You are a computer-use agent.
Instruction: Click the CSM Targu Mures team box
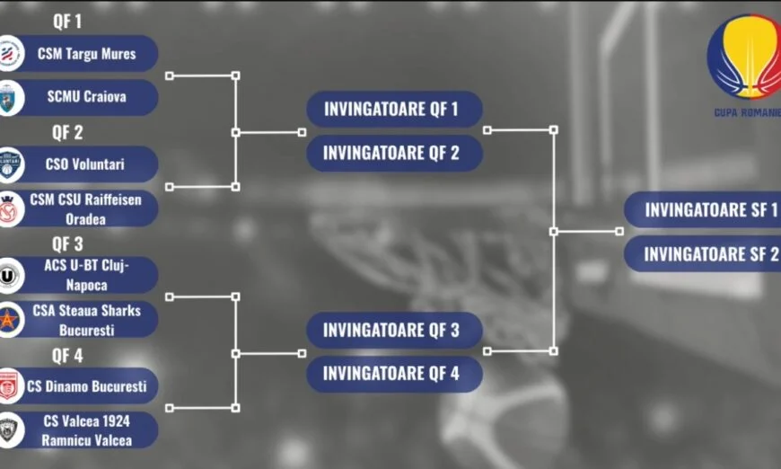(x=86, y=53)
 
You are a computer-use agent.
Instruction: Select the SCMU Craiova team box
(x=86, y=97)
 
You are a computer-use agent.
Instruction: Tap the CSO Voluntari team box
(x=86, y=164)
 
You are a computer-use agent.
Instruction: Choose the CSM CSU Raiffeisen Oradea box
(x=86, y=208)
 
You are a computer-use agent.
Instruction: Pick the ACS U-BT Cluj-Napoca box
(x=87, y=275)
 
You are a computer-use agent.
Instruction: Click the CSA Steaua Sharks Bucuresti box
(x=87, y=320)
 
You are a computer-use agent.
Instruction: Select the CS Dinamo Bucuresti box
(x=87, y=386)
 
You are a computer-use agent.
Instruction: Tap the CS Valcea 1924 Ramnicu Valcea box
(x=87, y=430)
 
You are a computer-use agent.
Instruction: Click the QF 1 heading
(x=67, y=22)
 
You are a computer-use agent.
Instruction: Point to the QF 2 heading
(x=67, y=133)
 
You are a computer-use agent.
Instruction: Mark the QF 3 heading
(x=67, y=243)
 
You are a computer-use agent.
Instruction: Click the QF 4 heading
(x=67, y=355)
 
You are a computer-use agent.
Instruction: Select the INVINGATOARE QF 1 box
(x=393, y=110)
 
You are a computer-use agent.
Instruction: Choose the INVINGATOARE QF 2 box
(x=393, y=153)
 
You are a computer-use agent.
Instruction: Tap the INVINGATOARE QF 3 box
(x=393, y=330)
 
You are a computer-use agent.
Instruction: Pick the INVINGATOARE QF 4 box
(x=393, y=374)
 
